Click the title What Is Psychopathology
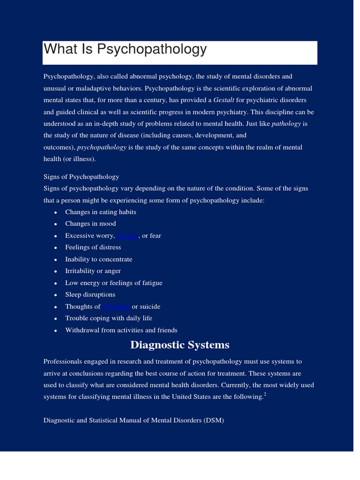point(125,49)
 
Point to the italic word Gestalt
point(224,100)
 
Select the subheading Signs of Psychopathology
point(81,177)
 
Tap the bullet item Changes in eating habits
point(100,212)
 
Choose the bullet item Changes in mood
point(90,224)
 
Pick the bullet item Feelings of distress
point(93,247)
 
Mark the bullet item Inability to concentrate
point(98,259)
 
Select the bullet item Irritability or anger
point(93,271)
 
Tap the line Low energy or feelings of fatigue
point(113,283)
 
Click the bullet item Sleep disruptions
point(90,294)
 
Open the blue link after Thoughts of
point(116,307)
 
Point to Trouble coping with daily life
point(108,318)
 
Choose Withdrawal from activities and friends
point(121,330)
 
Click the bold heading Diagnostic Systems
point(180,345)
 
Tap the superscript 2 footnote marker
point(265,395)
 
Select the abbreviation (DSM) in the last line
point(214,420)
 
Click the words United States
point(209,397)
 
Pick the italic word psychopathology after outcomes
point(102,147)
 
